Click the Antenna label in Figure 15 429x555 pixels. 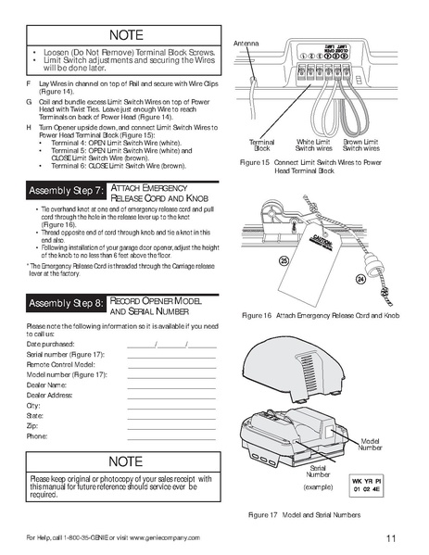(246, 44)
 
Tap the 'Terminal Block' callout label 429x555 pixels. (261, 145)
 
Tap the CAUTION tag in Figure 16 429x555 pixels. (320, 242)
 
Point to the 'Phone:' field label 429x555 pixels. (38, 435)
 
